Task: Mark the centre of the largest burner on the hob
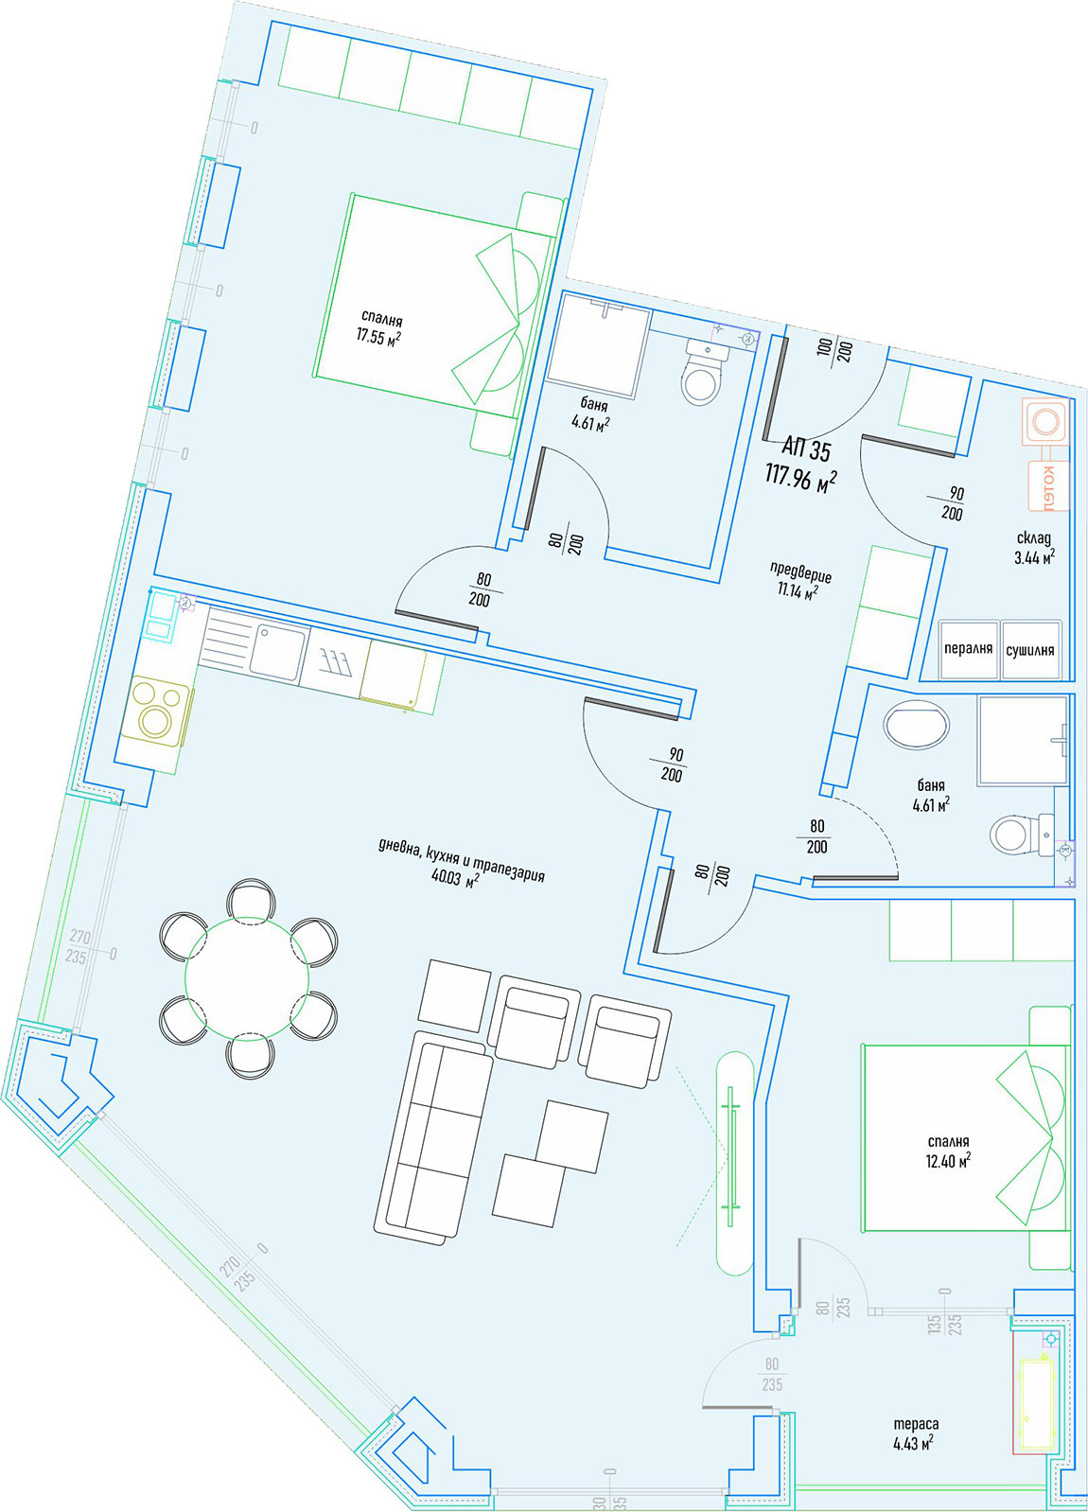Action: (155, 719)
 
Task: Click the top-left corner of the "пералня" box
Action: (939, 621)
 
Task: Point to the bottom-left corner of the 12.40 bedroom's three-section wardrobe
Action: (889, 959)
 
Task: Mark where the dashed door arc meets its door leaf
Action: (898, 877)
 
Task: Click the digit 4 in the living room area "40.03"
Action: (436, 875)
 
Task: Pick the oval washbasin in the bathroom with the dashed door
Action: (917, 725)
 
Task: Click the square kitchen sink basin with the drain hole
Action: (278, 651)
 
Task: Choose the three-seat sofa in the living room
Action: (433, 1138)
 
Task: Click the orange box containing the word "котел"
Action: (1048, 485)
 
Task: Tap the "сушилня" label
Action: (1030, 650)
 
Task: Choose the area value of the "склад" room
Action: (1035, 557)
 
